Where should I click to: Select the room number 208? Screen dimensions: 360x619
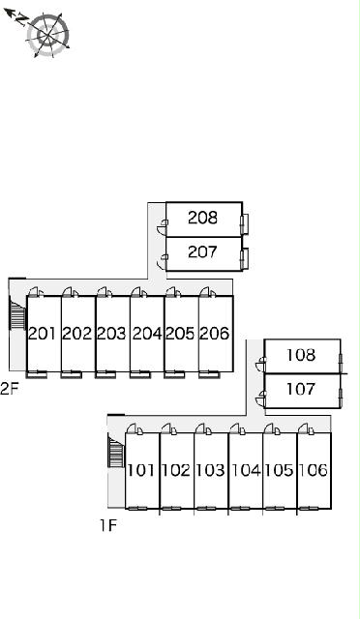(202, 218)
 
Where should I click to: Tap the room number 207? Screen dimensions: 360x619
(202, 251)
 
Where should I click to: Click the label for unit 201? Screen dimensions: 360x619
(43, 334)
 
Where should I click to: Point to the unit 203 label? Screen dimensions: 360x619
(112, 334)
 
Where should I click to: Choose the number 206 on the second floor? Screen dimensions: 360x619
(215, 334)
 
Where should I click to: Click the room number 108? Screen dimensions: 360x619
(301, 355)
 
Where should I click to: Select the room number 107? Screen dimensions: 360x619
(301, 389)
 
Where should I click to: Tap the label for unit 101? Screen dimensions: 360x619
(141, 470)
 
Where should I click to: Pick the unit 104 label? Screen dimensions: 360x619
(246, 470)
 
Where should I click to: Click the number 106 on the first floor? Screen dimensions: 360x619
(314, 470)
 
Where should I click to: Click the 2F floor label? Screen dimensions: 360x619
(10, 389)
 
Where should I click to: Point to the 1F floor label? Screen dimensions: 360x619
(107, 525)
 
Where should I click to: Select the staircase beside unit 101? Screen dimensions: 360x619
(116, 453)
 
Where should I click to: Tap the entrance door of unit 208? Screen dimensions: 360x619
(163, 225)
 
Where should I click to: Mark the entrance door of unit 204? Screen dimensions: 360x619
(138, 292)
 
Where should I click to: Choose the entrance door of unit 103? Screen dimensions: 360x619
(202, 429)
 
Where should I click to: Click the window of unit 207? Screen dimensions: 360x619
(245, 259)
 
